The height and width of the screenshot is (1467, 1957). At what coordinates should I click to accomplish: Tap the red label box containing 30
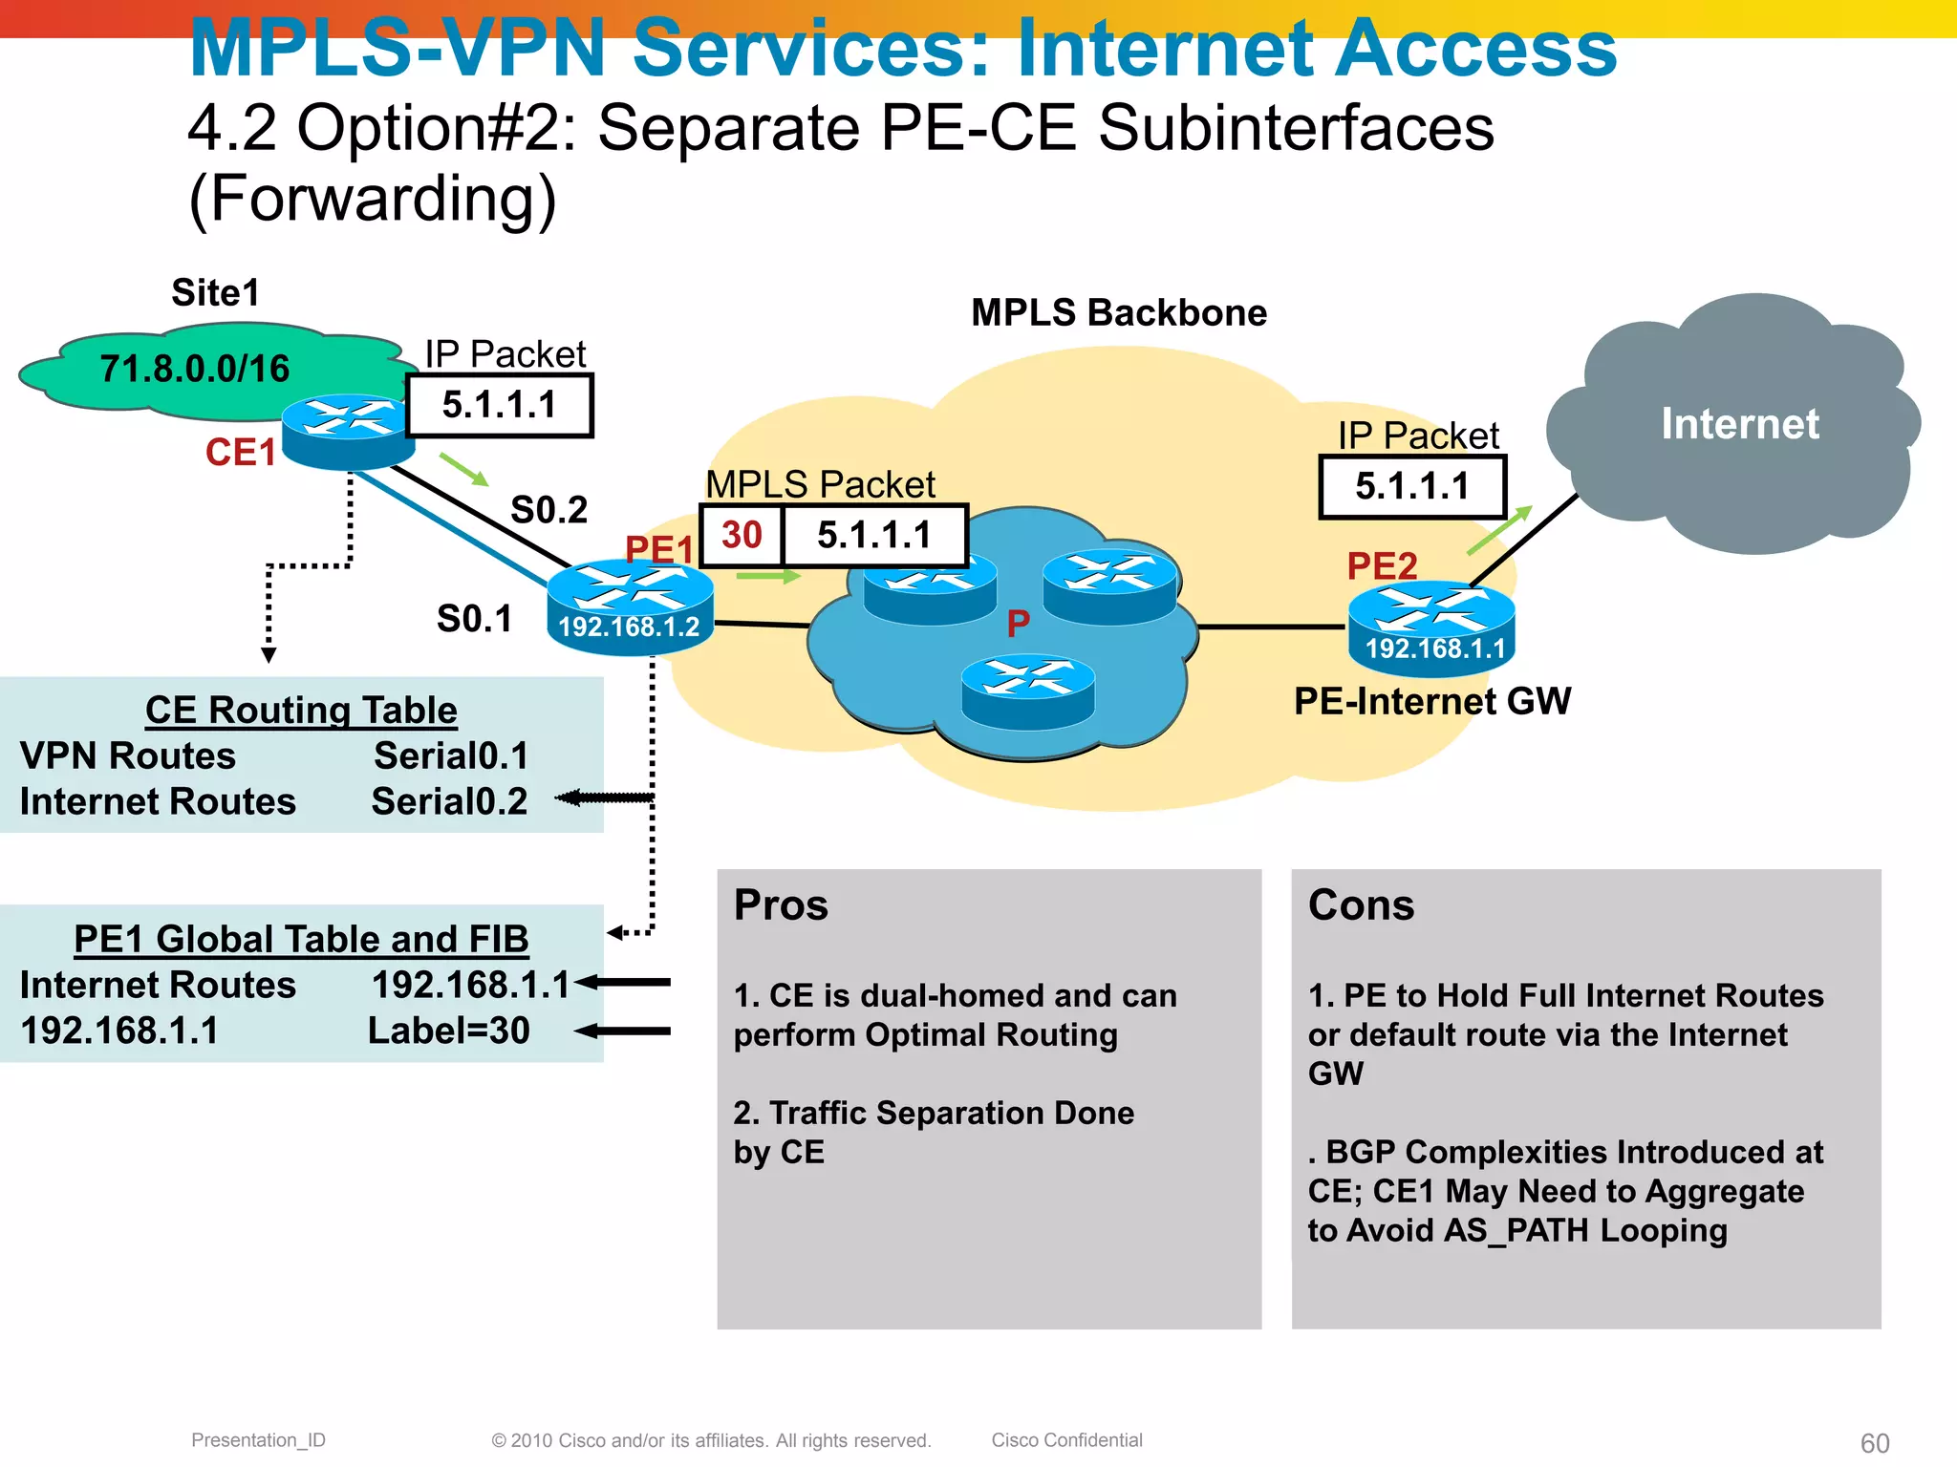click(742, 535)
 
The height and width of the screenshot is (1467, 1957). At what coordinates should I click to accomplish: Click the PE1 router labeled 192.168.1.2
click(630, 607)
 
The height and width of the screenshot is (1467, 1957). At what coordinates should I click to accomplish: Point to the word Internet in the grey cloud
click(1739, 423)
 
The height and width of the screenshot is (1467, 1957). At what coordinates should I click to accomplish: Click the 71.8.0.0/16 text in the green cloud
click(194, 369)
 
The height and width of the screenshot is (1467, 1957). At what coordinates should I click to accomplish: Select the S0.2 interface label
click(548, 509)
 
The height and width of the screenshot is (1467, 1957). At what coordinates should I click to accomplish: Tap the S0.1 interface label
click(474, 619)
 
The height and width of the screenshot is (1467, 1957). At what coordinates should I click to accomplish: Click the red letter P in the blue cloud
click(1018, 624)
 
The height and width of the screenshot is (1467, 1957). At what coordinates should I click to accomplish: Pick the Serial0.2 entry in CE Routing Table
click(449, 801)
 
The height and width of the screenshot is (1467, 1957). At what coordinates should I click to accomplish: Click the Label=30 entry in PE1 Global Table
click(449, 1031)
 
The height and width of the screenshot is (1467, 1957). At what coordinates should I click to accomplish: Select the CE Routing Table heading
click(301, 710)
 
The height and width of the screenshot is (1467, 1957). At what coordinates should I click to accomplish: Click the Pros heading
click(781, 904)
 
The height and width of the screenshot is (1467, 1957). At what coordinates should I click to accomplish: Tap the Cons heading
click(1361, 904)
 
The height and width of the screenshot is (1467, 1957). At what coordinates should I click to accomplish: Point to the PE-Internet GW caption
click(1431, 701)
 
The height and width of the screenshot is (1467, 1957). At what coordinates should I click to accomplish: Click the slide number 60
click(1875, 1442)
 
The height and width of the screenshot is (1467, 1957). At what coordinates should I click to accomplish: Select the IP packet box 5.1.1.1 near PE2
click(1412, 487)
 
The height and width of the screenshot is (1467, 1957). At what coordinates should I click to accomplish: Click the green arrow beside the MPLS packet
click(768, 576)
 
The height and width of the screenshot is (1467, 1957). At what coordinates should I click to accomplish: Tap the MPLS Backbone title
click(1118, 313)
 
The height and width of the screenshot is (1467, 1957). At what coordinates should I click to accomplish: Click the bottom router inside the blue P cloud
click(1027, 691)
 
